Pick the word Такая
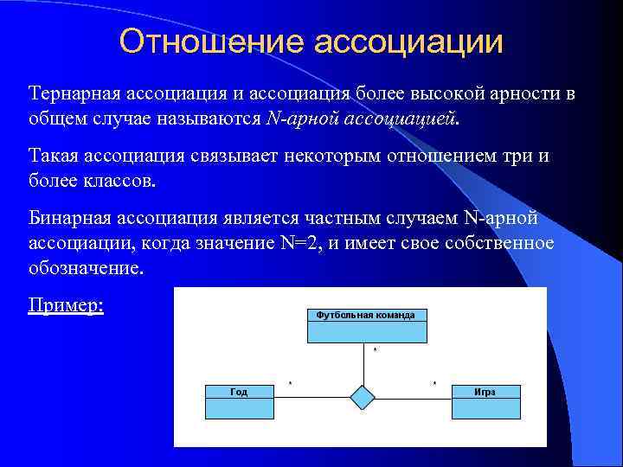55,157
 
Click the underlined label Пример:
66,306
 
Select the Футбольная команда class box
365,325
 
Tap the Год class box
239,401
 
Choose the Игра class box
485,401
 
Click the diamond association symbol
363,398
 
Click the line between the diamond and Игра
414,399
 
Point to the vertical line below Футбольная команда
363,363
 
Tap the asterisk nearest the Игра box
434,382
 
